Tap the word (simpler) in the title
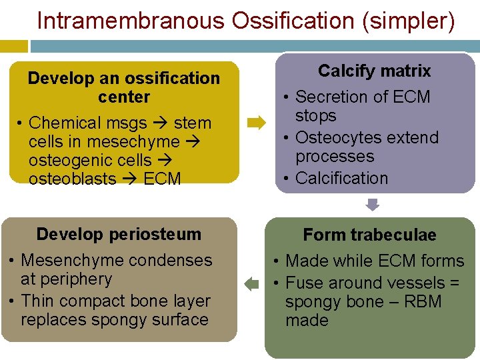click(x=408, y=21)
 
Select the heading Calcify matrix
click(x=374, y=71)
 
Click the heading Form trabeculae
click(x=369, y=235)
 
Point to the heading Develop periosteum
click(x=119, y=234)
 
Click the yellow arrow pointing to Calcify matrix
click(x=256, y=123)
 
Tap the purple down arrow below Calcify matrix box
click(x=373, y=205)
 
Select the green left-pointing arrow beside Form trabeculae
click(x=251, y=285)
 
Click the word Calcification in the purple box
click(x=341, y=178)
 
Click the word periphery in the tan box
click(x=75, y=279)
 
